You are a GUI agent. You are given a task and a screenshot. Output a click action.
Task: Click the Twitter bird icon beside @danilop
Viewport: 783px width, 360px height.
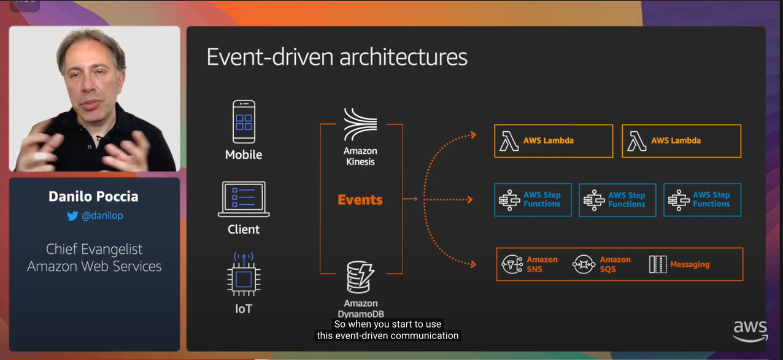[x=72, y=216]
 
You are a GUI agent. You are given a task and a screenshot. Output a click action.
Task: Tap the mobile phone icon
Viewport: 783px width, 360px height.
[x=244, y=122]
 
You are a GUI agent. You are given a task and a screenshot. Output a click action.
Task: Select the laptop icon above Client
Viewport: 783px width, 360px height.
[x=244, y=199]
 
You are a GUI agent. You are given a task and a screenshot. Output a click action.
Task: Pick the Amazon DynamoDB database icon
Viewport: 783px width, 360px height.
[x=360, y=277]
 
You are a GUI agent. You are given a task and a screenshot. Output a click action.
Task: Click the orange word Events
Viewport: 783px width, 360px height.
[x=360, y=200]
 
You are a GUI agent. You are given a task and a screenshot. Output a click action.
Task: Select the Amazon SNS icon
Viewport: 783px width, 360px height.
[x=512, y=264]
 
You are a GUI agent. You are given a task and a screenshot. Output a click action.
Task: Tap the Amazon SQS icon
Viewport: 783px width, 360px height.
[x=584, y=264]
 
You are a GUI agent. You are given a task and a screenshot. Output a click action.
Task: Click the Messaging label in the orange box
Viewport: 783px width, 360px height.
[x=690, y=264]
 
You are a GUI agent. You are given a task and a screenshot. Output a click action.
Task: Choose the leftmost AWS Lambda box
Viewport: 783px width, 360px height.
[x=553, y=141]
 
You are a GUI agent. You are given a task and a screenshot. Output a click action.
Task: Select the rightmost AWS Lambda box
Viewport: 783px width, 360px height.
[x=681, y=141]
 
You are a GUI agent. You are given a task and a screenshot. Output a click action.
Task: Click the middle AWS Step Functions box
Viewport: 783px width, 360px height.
[x=617, y=200]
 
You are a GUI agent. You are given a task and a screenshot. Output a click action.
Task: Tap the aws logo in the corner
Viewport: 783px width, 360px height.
[x=750, y=331]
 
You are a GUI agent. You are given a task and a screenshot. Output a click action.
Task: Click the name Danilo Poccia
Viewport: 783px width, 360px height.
[x=94, y=197]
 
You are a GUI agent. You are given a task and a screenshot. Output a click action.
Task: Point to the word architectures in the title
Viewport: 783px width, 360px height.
[x=403, y=57]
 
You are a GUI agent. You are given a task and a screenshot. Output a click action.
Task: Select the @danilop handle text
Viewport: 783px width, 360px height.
[x=102, y=216]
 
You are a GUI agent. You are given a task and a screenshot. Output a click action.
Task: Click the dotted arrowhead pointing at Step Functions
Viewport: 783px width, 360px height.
[x=469, y=199]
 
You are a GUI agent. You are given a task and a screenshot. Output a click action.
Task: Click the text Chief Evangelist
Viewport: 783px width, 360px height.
[x=94, y=249]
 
